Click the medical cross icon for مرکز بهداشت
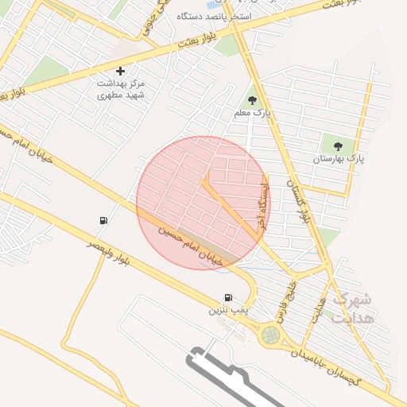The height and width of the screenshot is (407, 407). tap(121, 72)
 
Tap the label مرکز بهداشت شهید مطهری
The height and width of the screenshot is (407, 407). tap(121, 88)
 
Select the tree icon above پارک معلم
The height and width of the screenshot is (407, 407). tap(253, 101)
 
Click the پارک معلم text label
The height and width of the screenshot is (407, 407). tap(253, 114)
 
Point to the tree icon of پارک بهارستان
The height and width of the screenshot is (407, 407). tap(338, 146)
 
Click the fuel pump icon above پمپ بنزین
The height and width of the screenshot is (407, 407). tap(229, 297)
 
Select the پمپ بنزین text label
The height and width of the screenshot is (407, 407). tap(223, 309)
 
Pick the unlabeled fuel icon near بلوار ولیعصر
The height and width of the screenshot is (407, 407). tap(103, 221)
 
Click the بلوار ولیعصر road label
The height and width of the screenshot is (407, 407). tap(107, 252)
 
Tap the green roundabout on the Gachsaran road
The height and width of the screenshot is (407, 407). tap(271, 335)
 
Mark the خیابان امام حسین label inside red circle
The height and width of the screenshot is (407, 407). tap(188, 245)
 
